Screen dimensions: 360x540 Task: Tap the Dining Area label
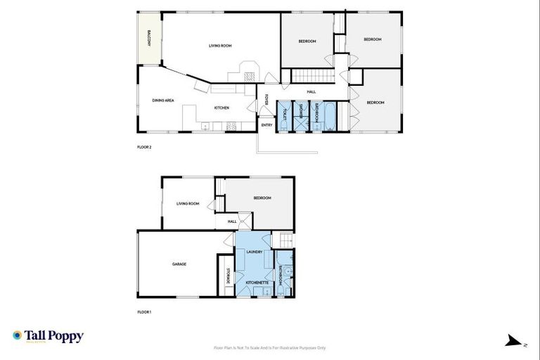point(163,101)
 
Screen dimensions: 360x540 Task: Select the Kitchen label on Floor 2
point(221,108)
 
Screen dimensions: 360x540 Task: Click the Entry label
point(266,125)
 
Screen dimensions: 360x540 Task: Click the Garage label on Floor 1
point(179,264)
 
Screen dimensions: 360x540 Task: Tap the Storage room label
point(228,277)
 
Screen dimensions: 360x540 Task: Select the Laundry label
point(254,251)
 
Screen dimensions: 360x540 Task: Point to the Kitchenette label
point(256,282)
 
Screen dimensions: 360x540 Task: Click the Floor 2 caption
point(144,148)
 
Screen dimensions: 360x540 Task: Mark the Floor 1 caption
point(144,311)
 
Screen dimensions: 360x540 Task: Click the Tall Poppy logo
point(48,336)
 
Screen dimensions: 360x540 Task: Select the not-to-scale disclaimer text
point(269,347)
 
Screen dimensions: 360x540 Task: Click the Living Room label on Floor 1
point(188,204)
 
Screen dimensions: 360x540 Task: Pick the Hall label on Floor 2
point(311,92)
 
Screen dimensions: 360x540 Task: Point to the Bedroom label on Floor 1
point(262,198)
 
